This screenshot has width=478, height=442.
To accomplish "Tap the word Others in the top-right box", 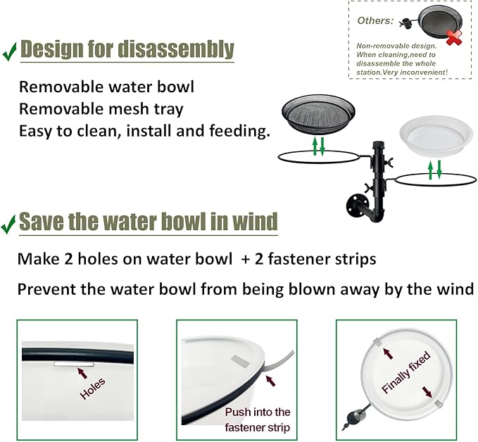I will pos(375,20).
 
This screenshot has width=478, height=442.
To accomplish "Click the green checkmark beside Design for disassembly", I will pos(9,51).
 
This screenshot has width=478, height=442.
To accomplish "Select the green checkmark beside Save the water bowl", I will pos(9,225).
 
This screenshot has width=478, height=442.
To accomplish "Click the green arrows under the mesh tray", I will pos(319,146).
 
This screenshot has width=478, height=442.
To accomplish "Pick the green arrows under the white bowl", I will pos(434,170).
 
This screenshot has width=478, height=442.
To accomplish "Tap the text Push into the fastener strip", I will pos(258,418).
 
